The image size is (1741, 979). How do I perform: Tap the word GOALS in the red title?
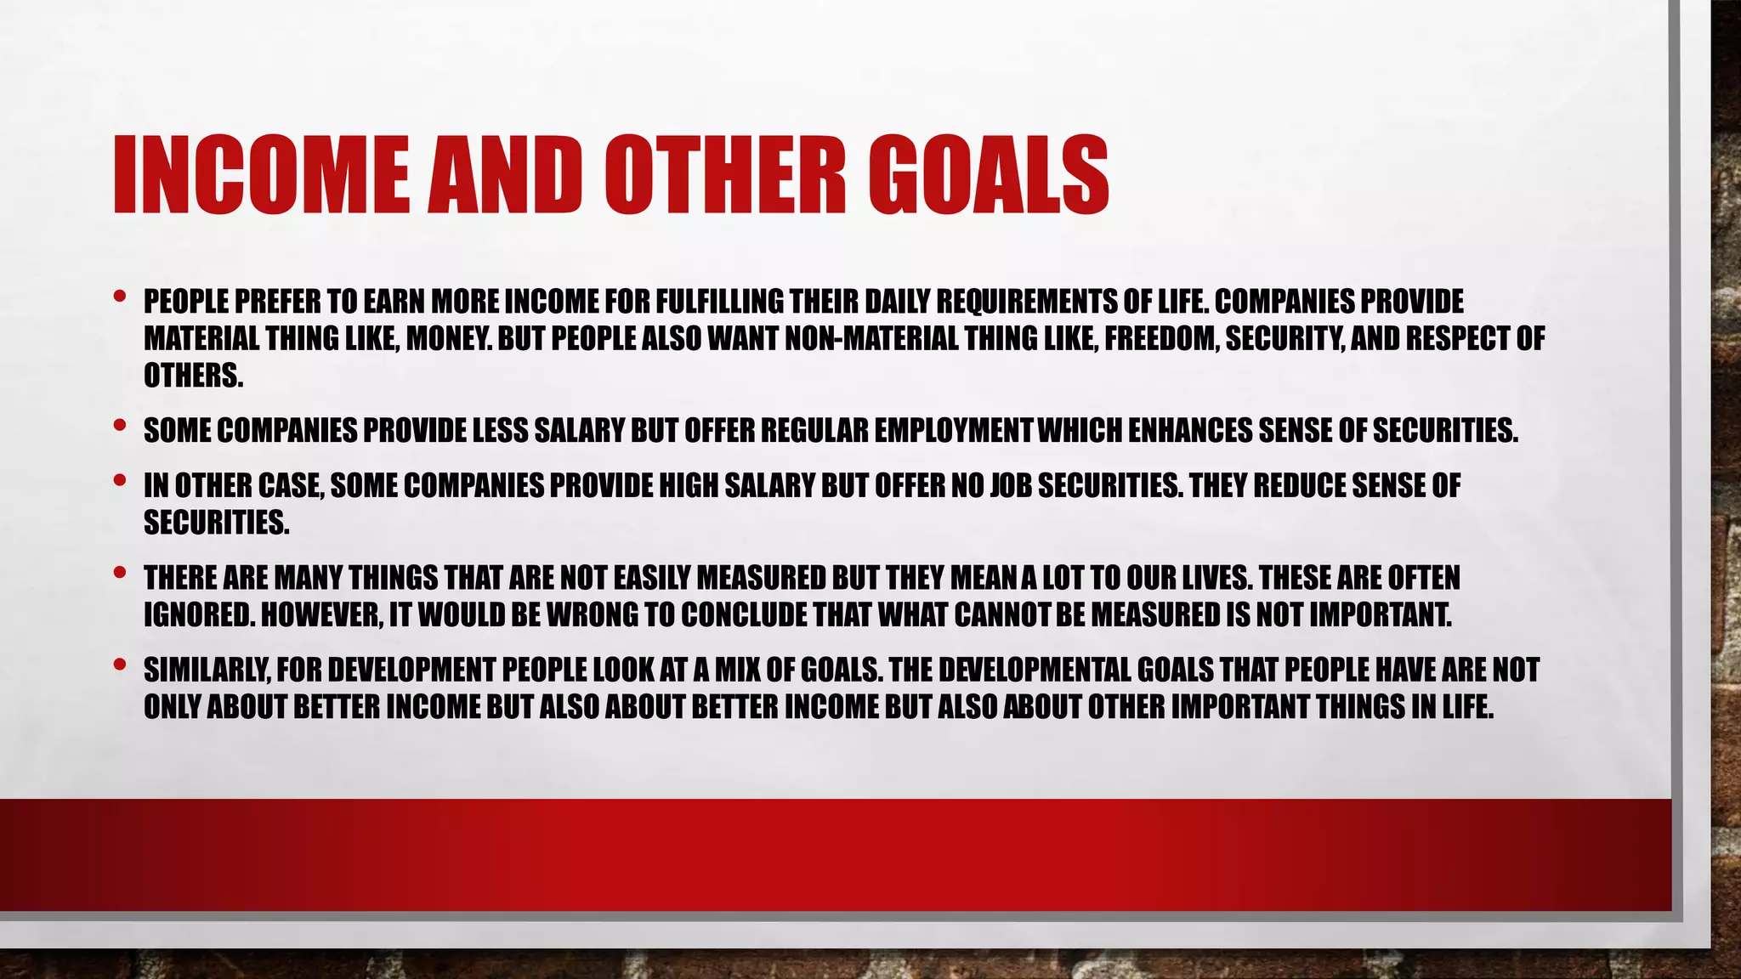click(989, 174)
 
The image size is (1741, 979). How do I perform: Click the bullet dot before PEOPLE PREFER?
click(119, 297)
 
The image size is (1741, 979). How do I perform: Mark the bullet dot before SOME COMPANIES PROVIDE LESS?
click(119, 426)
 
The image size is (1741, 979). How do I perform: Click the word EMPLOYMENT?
click(953, 431)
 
